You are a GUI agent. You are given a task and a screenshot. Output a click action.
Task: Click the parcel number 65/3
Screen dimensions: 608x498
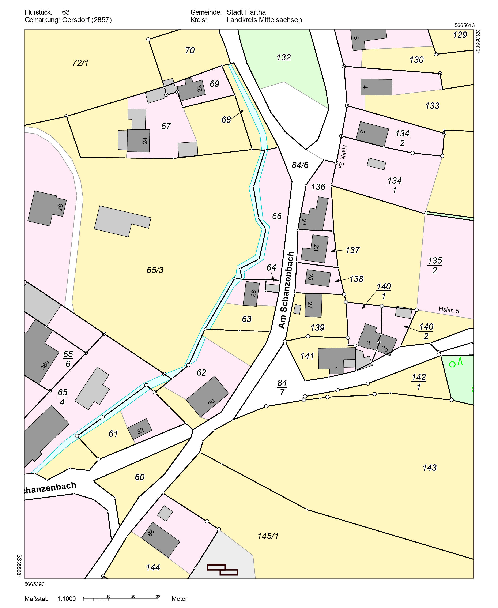155,270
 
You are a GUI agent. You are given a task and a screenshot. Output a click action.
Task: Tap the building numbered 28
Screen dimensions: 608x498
251,294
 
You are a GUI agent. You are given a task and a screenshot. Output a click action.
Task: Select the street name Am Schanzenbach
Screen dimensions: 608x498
286,290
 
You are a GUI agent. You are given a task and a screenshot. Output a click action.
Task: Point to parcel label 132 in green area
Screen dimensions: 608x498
283,58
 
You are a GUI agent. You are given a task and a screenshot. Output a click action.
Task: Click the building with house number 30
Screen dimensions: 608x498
207,397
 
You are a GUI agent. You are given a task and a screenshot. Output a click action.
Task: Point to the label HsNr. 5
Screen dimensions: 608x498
449,310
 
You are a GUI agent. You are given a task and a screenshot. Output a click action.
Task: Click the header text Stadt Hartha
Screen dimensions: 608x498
246,12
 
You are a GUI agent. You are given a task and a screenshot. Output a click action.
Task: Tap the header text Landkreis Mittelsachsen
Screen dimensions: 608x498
264,20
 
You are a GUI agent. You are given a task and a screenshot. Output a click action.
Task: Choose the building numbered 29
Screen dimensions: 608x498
160,539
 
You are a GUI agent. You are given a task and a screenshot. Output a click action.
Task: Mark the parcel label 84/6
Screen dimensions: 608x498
300,165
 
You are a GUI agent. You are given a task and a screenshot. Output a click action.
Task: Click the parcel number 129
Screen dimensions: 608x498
460,35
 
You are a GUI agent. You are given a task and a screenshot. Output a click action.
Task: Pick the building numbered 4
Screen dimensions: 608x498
376,87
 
